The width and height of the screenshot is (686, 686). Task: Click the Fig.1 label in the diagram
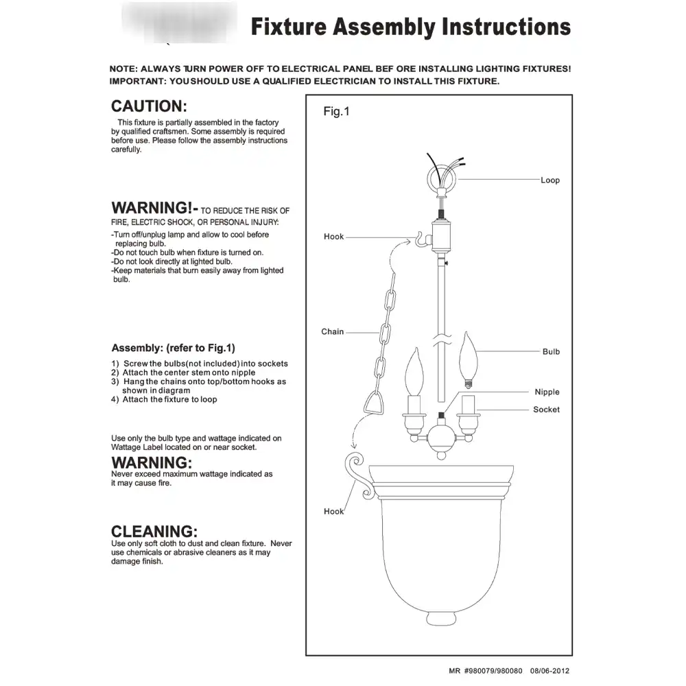(336, 111)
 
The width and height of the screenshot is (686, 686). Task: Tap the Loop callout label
(550, 180)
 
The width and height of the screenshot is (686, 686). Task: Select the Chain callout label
(333, 331)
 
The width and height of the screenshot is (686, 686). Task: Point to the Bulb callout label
(551, 351)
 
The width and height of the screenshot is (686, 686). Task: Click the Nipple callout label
(547, 392)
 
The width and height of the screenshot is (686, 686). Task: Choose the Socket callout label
(546, 410)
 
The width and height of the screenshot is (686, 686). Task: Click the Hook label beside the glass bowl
(334, 512)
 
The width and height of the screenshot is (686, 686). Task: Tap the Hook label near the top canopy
(334, 237)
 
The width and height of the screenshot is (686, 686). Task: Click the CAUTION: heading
(149, 106)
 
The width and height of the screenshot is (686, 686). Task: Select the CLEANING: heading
(154, 531)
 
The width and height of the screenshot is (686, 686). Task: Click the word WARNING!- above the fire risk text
(155, 208)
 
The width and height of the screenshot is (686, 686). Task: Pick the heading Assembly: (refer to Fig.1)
(174, 348)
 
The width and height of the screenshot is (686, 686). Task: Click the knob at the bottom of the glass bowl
(441, 619)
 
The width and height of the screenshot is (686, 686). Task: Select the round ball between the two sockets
(441, 439)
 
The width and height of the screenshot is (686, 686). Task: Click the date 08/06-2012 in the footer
(549, 671)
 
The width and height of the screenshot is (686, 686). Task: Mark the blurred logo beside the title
(179, 22)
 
